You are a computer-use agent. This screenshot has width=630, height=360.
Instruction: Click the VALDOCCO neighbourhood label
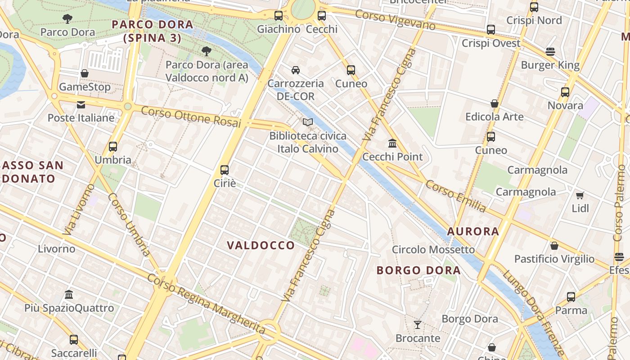coord(261,245)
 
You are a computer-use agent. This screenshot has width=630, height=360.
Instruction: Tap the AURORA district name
coord(473,232)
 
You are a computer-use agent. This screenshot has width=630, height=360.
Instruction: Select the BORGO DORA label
coord(418,270)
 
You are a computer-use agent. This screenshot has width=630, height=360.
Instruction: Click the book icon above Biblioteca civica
coord(308,122)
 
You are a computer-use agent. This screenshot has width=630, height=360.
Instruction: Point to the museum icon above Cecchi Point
coord(392,144)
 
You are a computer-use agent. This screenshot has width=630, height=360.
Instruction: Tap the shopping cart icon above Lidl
coord(580,195)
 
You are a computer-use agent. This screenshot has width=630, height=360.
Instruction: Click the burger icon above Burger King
coord(550,52)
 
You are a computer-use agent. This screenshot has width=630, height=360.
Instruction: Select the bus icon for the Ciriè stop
coord(225,170)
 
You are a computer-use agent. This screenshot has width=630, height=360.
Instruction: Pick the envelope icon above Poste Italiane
coord(81,105)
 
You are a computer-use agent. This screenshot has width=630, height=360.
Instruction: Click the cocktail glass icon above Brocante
coord(418,324)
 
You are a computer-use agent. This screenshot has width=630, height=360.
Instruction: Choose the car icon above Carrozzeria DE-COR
coord(296,70)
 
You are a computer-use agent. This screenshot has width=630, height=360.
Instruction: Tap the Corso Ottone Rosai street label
coord(191,117)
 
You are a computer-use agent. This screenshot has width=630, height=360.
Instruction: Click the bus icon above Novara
coord(565,92)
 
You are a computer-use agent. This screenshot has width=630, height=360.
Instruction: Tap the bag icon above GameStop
coord(85,73)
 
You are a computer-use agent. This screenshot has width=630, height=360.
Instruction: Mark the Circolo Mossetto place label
coord(433,250)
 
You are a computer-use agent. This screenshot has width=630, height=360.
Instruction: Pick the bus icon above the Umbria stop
coord(113,147)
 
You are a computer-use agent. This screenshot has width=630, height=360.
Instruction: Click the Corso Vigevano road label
coord(395,20)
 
